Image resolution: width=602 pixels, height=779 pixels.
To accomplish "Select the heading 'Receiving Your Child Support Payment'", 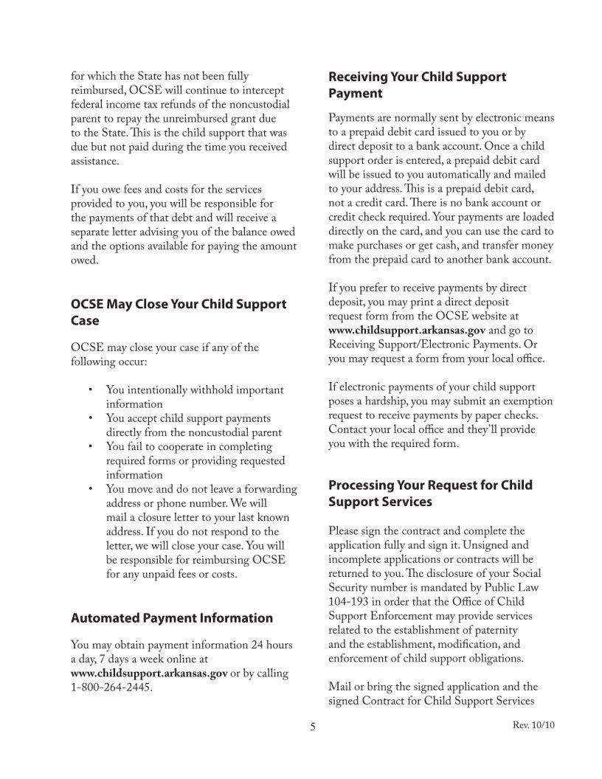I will tap(417, 85).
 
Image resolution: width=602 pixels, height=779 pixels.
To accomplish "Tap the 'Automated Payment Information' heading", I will tap(171, 618).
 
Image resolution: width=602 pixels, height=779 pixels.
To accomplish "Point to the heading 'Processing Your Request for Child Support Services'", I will tap(430, 494).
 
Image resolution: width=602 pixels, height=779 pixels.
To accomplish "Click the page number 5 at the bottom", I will tap(312, 727).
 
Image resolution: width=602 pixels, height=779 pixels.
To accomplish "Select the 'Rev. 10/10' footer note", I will tap(533, 726).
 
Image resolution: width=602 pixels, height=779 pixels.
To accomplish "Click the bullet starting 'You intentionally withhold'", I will tap(195, 397).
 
